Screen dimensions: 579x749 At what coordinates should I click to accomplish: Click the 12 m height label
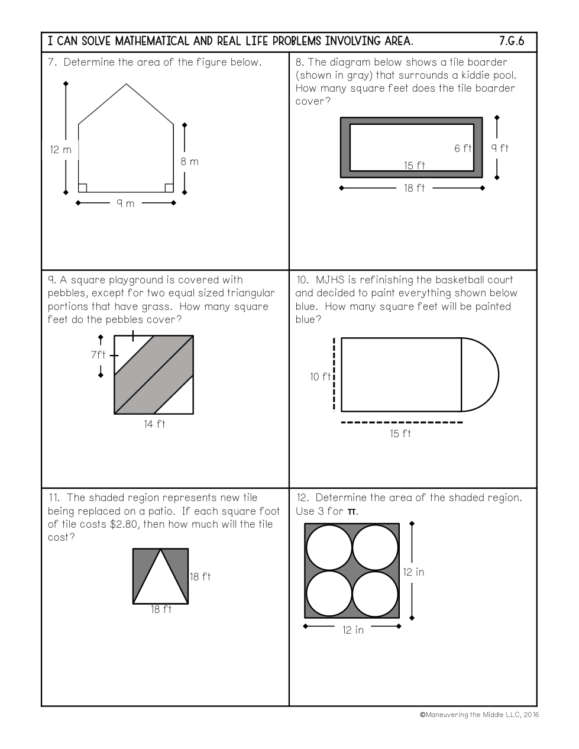click(x=61, y=150)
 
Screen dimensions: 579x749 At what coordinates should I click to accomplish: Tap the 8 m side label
click(x=189, y=162)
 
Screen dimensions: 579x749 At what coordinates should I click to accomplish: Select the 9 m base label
click(x=125, y=204)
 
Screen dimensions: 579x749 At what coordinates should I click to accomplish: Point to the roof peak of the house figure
click(x=126, y=84)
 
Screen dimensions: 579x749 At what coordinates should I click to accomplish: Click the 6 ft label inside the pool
click(x=462, y=148)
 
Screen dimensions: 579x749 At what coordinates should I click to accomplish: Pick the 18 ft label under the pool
click(x=414, y=188)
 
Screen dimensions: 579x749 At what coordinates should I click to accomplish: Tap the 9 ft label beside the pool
click(x=499, y=148)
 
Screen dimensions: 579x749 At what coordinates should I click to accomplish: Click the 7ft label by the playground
click(x=98, y=354)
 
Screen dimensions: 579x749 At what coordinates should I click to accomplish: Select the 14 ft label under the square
click(x=154, y=424)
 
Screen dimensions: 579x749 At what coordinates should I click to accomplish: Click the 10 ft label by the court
click(x=320, y=377)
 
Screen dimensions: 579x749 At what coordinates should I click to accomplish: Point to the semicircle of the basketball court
click(x=498, y=374)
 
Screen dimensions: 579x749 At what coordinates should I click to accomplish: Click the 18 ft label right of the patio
click(x=200, y=576)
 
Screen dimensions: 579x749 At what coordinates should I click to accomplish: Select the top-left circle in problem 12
click(x=329, y=547)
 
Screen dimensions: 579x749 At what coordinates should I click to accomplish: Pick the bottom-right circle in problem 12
click(x=375, y=593)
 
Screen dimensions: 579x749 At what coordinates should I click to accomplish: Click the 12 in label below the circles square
click(x=353, y=630)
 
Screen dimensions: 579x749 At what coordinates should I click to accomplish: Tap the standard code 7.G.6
click(x=512, y=41)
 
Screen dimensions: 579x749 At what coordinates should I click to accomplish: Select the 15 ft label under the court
click(x=400, y=433)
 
